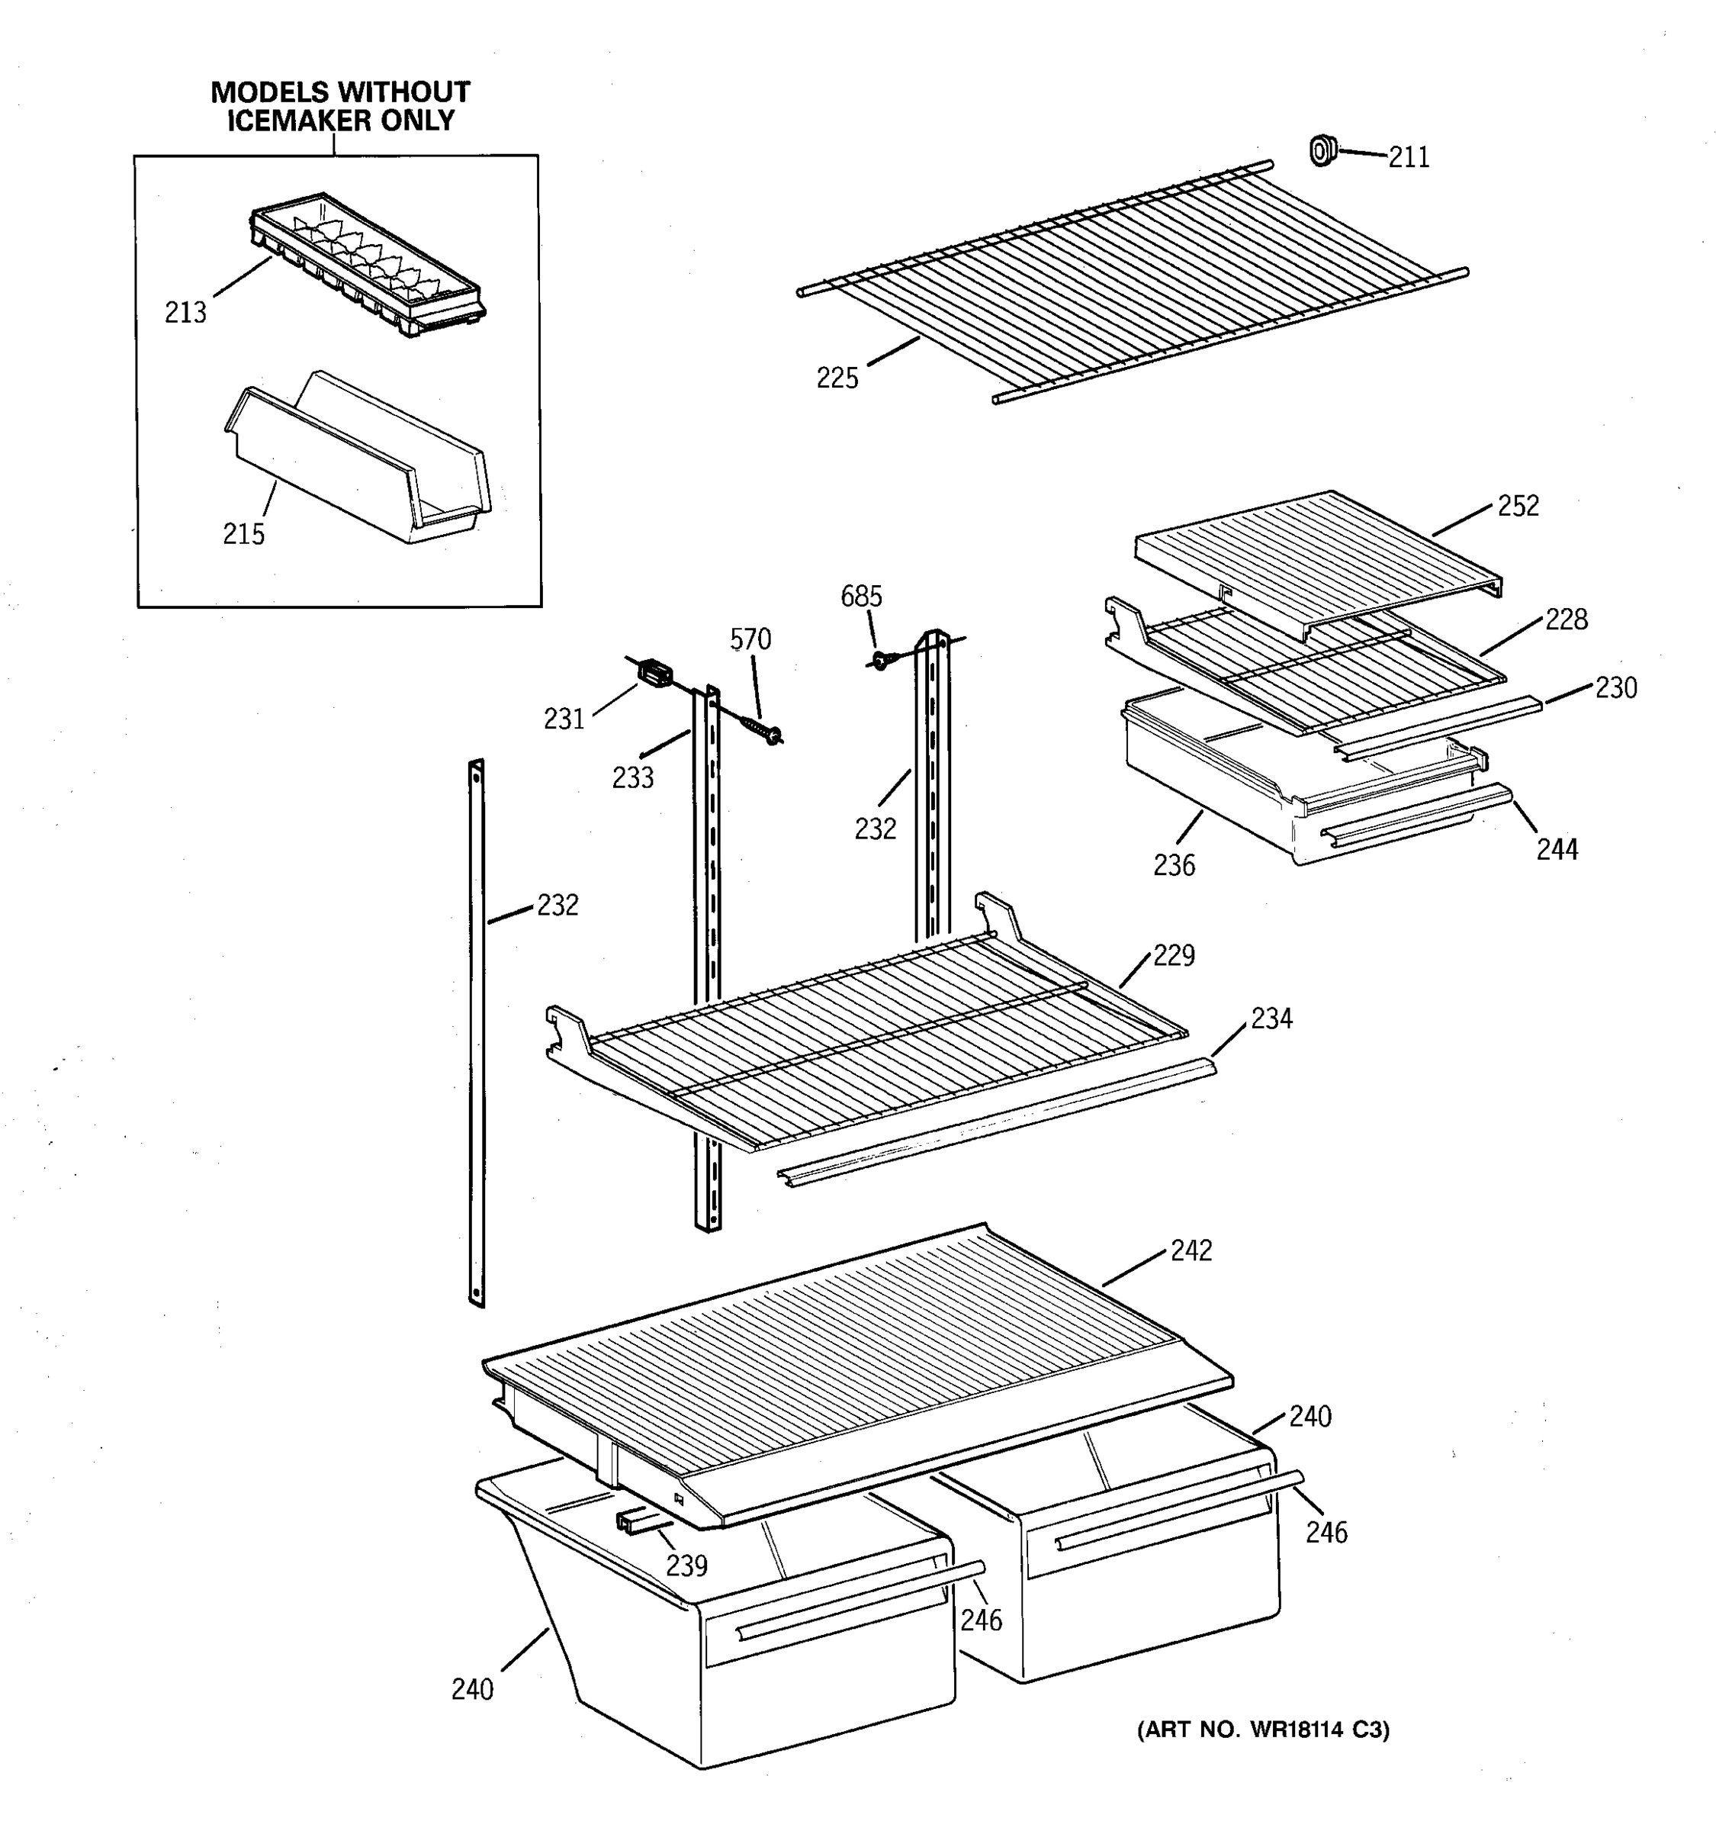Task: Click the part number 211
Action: pos(1409,157)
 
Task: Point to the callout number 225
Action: pos(837,378)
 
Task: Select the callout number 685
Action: pos(861,596)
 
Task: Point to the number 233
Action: pos(633,777)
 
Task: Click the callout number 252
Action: pos(1518,506)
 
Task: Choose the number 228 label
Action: pos(1566,619)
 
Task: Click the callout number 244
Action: pos(1557,849)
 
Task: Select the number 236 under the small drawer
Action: pos(1174,865)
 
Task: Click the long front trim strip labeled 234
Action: pos(995,1123)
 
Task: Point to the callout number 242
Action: pos(1191,1250)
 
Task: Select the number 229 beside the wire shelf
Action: pos(1174,955)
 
